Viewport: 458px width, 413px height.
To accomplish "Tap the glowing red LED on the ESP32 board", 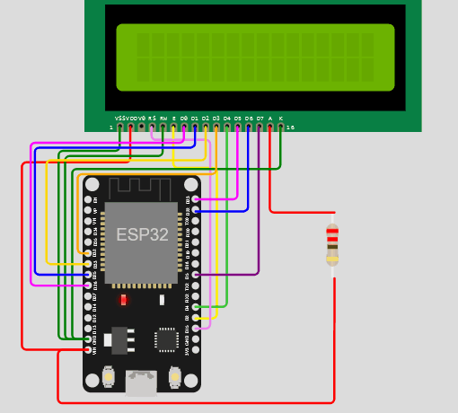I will (x=123, y=299).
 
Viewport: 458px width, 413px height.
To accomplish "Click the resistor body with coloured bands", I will (x=332, y=245).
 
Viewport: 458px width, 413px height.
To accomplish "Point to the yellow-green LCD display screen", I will (x=254, y=57).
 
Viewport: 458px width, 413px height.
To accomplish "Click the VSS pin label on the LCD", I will (x=120, y=118).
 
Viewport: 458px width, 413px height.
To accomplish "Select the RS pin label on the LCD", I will (x=152, y=118).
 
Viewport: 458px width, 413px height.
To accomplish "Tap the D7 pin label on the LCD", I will (x=260, y=118).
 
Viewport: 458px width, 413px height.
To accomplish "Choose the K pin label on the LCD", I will (x=281, y=118).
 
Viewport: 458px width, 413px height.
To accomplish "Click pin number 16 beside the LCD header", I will (x=289, y=127).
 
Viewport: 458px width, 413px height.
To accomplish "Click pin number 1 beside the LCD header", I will (x=111, y=127).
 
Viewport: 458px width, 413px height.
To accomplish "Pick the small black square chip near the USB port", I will (x=166, y=338).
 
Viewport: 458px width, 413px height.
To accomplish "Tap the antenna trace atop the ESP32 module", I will (x=141, y=189).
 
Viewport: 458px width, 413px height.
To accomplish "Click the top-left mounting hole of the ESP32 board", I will (x=92, y=184).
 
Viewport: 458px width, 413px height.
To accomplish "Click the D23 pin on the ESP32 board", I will (x=197, y=199).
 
